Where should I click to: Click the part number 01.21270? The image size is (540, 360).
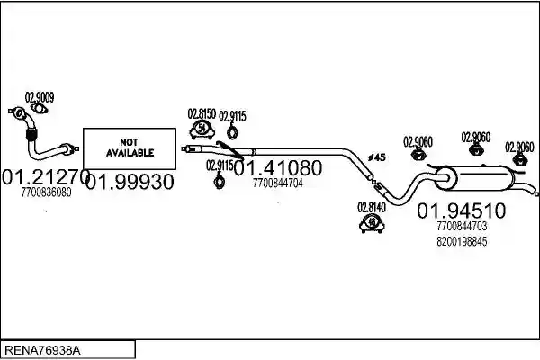[x=46, y=176]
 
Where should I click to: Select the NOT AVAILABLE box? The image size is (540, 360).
[x=130, y=148]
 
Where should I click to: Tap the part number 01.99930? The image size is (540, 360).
[x=130, y=182]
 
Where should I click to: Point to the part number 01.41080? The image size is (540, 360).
[x=278, y=167]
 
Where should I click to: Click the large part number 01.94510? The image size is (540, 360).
[x=462, y=210]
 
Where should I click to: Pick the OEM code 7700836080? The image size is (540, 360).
[x=46, y=193]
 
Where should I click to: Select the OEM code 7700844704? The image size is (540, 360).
[x=278, y=183]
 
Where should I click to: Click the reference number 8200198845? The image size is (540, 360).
[x=462, y=241]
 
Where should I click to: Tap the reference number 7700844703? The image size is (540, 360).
[x=462, y=226]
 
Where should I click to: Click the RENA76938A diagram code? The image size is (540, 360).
[x=42, y=350]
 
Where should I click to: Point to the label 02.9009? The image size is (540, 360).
[x=40, y=97]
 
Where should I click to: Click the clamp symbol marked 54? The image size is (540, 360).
[x=202, y=130]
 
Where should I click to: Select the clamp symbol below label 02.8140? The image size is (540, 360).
[x=372, y=223]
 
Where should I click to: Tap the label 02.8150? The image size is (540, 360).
[x=202, y=113]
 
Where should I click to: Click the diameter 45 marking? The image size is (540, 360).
[x=377, y=157]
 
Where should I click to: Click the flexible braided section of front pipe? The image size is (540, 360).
[x=31, y=134]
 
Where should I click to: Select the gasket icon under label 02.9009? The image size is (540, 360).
[x=40, y=109]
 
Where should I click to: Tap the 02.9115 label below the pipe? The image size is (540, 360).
[x=220, y=166]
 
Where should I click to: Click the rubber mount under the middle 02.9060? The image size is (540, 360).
[x=476, y=149]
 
